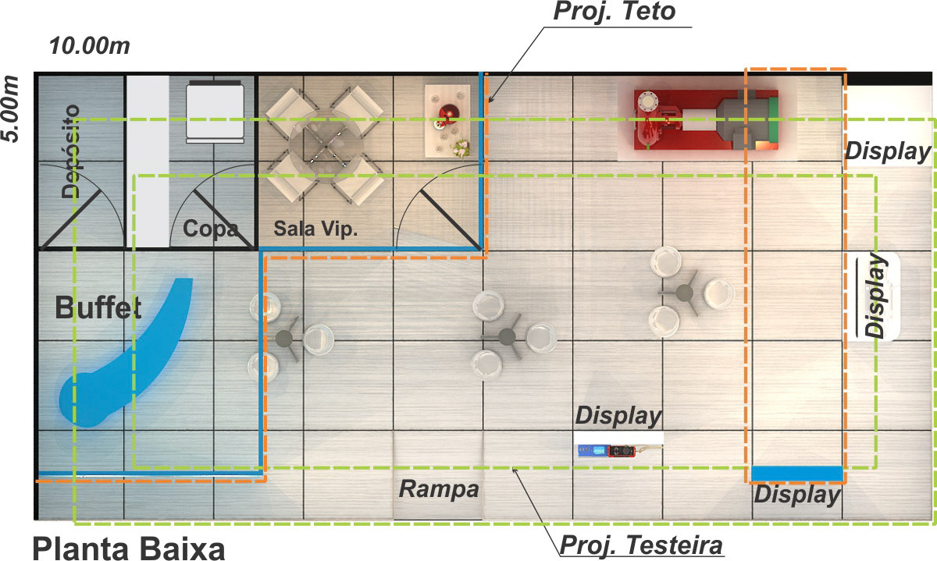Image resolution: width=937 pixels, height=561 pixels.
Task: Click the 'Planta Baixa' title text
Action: point(128,546)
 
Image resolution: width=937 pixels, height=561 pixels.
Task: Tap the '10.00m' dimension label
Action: point(89,46)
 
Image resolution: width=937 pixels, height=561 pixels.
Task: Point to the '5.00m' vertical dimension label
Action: point(11,108)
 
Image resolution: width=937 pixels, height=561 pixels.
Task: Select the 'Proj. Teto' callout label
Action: point(614,12)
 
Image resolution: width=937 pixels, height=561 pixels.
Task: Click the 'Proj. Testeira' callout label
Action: point(642,543)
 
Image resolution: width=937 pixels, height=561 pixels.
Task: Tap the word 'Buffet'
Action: point(98,308)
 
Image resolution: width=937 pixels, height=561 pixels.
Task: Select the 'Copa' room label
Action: point(209,229)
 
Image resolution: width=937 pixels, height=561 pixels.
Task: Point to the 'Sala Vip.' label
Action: point(315,229)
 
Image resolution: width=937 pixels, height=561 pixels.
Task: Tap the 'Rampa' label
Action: point(438,490)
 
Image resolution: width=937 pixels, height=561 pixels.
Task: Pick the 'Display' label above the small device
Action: point(618,416)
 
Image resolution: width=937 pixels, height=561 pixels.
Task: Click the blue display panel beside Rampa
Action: point(796,473)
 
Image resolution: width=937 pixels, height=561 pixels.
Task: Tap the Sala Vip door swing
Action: point(437,218)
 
